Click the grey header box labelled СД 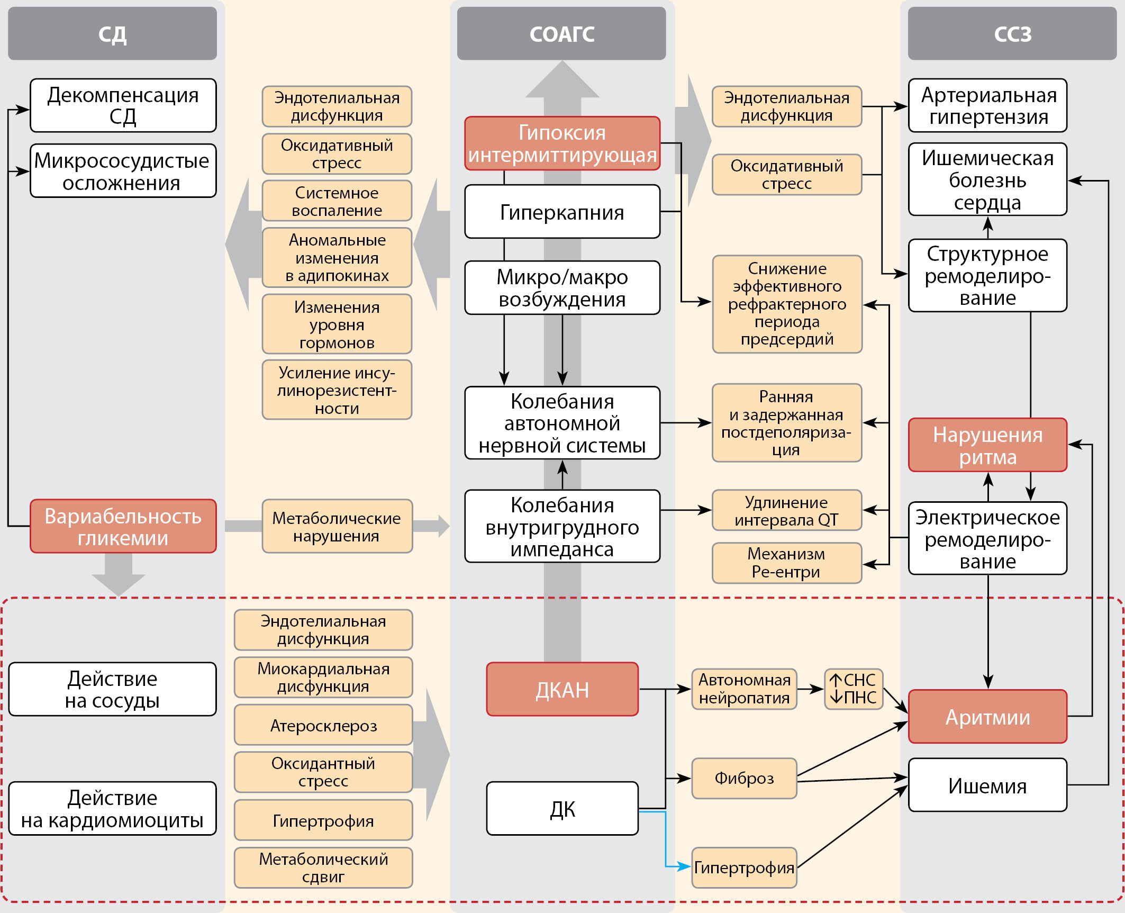[112, 34]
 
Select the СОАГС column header [561, 34]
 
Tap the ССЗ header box [1012, 34]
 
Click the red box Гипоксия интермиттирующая [562, 143]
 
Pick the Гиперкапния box [562, 212]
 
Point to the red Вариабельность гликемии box [123, 527]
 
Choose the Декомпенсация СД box [123, 105]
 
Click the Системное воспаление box [337, 201]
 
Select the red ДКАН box [562, 690]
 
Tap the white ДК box [562, 809]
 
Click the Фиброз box [744, 778]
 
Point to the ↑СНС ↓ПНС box [853, 689]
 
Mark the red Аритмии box [987, 717]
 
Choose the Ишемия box [987, 785]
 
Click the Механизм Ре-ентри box [786, 563]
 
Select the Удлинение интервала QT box [786, 511]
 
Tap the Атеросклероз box [323, 725]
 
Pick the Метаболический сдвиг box [323, 868]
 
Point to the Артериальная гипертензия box [987, 105]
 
